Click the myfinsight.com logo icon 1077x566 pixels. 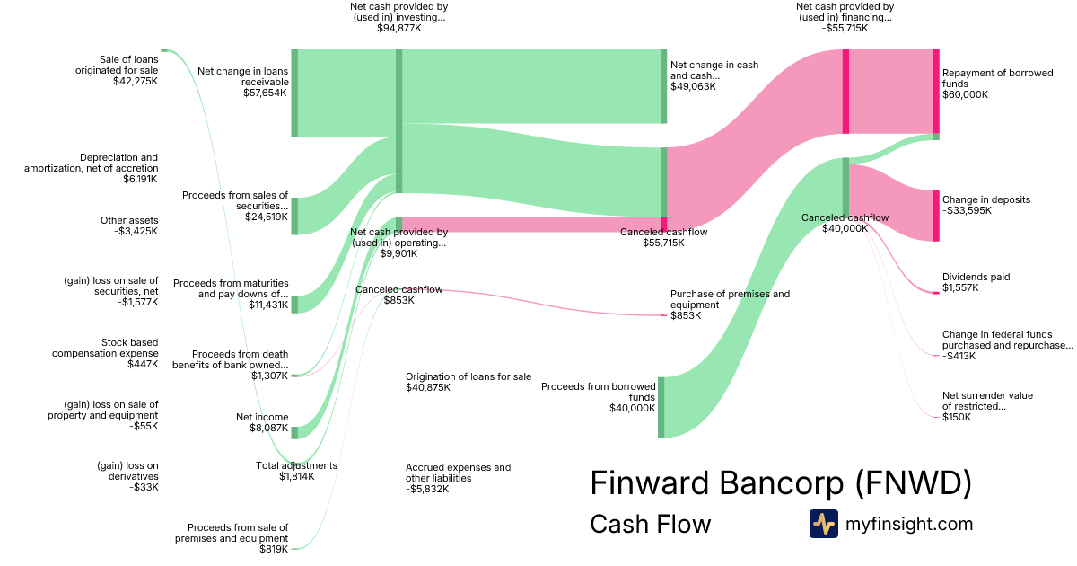(x=824, y=524)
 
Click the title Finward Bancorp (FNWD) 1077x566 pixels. (x=781, y=482)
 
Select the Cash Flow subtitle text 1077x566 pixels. (x=650, y=524)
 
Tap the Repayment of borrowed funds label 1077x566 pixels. (x=997, y=78)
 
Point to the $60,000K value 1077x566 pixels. (x=965, y=94)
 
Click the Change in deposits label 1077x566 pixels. (x=986, y=199)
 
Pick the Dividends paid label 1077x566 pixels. (x=976, y=277)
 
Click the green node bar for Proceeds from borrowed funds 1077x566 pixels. (x=661, y=407)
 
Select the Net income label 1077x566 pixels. (x=262, y=417)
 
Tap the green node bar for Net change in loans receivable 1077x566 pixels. (x=294, y=93)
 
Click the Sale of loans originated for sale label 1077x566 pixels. (x=117, y=65)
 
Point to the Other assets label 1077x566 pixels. (x=129, y=220)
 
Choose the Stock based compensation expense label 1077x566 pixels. (x=105, y=348)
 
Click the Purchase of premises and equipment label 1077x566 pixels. (x=730, y=299)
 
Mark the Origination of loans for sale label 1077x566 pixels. (x=468, y=376)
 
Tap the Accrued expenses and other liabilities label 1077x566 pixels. (x=459, y=473)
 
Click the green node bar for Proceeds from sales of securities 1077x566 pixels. (x=294, y=217)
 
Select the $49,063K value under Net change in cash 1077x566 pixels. (x=693, y=86)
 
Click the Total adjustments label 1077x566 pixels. (x=296, y=465)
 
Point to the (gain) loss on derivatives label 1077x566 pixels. (x=127, y=471)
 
